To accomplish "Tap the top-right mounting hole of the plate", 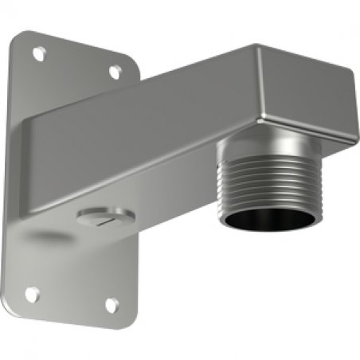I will click(115, 71).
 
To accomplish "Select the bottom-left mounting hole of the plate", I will click(32, 293).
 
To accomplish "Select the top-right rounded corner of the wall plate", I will click(132, 62).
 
